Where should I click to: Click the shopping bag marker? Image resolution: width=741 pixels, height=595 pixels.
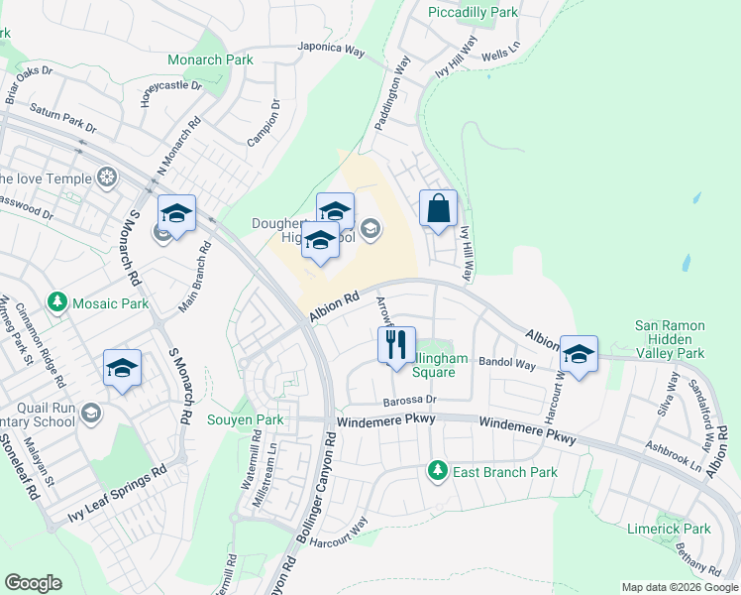(438, 209)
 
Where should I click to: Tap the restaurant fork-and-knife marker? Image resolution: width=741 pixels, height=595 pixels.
(396, 346)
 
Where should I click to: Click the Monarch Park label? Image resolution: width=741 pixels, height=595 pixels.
(211, 59)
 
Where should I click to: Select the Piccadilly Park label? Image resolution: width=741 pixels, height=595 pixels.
(473, 13)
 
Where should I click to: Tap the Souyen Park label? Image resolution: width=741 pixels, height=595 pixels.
(245, 420)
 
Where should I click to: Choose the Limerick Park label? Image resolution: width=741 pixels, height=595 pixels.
(669, 529)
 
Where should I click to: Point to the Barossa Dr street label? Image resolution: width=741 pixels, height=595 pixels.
(409, 400)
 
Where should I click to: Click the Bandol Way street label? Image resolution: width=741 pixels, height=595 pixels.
(506, 364)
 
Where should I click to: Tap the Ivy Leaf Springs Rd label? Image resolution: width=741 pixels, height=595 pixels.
(117, 494)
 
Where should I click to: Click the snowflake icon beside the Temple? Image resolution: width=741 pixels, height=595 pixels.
(105, 178)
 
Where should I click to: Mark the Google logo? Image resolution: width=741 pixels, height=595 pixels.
(33, 583)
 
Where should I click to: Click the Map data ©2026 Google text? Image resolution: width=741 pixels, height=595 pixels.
(679, 587)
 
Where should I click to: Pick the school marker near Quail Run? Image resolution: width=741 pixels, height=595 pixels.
(123, 369)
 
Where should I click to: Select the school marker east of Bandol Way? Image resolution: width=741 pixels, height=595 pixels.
(579, 354)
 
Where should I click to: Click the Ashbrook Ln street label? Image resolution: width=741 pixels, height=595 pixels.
(674, 454)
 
